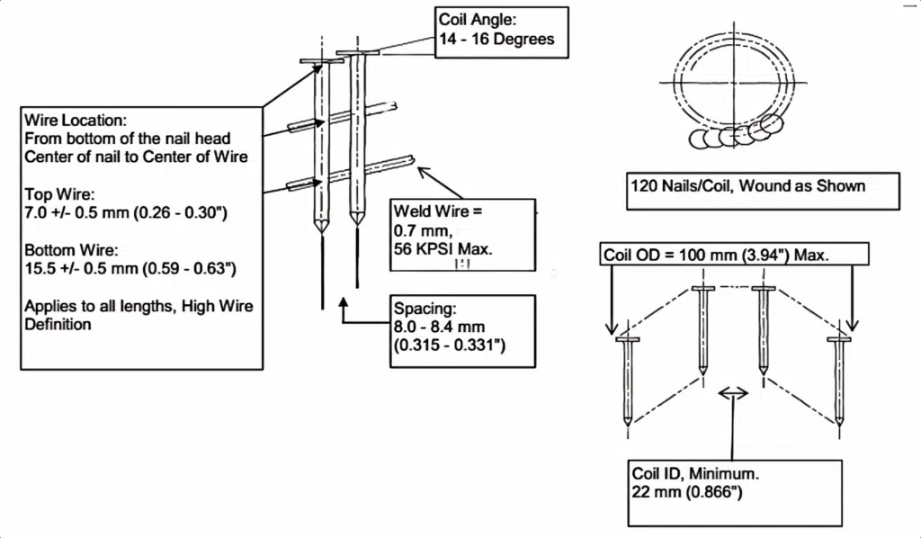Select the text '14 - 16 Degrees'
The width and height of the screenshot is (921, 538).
pyautogui.click(x=496, y=40)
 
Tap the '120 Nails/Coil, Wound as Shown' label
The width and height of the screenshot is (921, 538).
pyautogui.click(x=747, y=186)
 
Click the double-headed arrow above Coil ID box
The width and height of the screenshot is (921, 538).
pyautogui.click(x=733, y=392)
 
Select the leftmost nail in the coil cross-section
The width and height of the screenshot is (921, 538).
pyautogui.click(x=627, y=378)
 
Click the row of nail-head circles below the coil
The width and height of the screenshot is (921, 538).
pyautogui.click(x=733, y=135)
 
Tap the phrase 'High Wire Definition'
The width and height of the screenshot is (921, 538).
pyautogui.click(x=139, y=315)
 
